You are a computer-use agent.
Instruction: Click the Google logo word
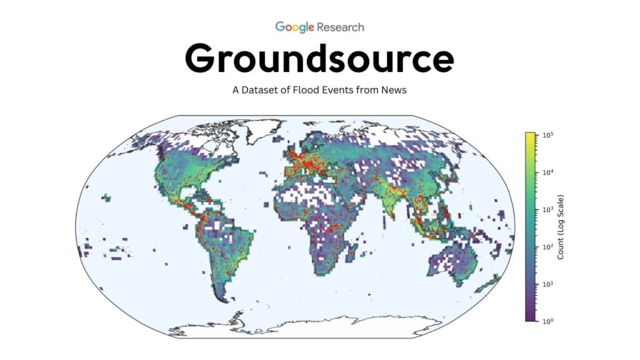[x=294, y=27]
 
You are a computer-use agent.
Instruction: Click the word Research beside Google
[x=341, y=27]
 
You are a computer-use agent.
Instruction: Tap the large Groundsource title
[x=319, y=59]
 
